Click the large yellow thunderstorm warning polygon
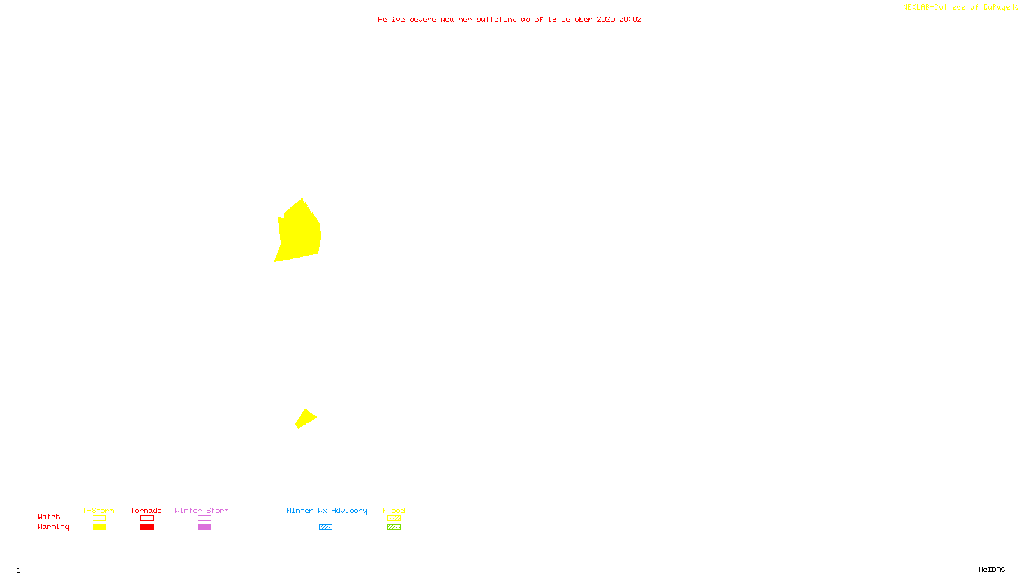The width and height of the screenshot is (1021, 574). click(299, 233)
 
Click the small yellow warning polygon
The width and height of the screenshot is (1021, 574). click(306, 418)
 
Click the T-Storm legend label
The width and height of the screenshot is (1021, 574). click(98, 510)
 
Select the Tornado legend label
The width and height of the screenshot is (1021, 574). click(146, 510)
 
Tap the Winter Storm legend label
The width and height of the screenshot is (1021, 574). click(202, 510)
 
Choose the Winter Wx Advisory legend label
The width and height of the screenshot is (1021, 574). click(327, 510)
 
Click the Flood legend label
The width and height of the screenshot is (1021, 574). click(394, 510)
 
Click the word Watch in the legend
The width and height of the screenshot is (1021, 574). click(49, 517)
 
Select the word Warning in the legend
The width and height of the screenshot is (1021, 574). click(53, 527)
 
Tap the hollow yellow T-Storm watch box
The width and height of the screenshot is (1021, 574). click(99, 519)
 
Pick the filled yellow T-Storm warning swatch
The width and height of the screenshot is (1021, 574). click(99, 527)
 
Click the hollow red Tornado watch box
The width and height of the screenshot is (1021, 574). click(147, 519)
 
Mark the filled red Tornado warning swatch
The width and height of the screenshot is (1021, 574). click(147, 527)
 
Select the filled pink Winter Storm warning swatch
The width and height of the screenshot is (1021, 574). click(204, 527)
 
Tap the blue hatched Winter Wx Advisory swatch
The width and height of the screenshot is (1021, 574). click(325, 527)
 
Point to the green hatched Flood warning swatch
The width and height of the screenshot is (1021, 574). click(394, 527)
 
